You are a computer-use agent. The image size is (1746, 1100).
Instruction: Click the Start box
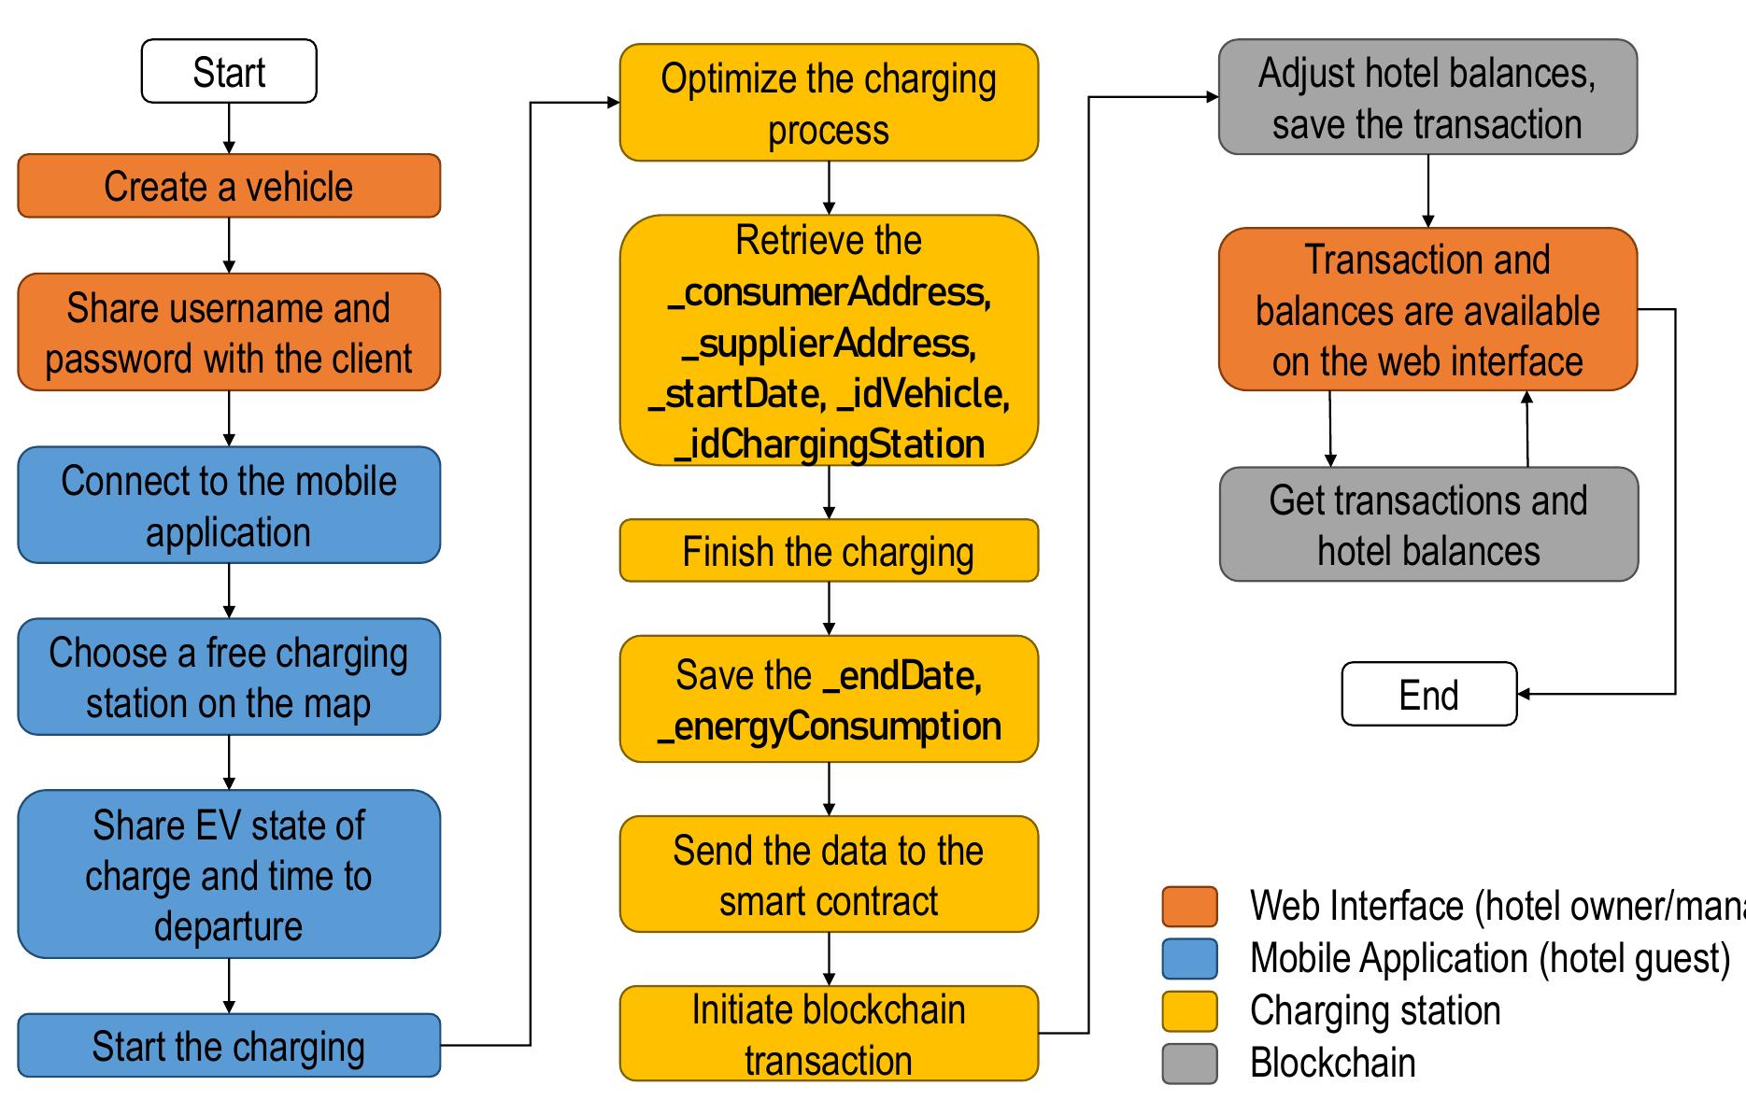click(x=229, y=71)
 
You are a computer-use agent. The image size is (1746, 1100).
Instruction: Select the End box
click(x=1428, y=694)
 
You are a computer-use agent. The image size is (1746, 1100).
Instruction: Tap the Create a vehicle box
click(x=229, y=186)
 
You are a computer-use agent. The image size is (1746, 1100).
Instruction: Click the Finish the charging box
click(x=829, y=551)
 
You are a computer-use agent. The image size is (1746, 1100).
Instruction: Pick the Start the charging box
click(x=229, y=1046)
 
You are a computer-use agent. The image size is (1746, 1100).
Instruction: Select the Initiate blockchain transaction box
click(x=829, y=1035)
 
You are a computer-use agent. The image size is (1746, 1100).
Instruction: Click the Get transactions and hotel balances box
click(x=1428, y=525)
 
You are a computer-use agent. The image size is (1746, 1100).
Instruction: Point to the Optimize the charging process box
click(x=829, y=103)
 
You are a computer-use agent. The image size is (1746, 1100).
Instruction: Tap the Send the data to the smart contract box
click(x=829, y=875)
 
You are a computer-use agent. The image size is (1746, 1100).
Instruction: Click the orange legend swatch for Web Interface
click(x=1189, y=907)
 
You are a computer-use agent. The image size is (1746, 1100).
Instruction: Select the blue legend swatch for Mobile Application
click(x=1189, y=959)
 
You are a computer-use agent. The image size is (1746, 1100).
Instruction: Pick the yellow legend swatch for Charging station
click(x=1189, y=1011)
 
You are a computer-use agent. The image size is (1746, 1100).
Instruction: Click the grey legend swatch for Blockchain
click(x=1189, y=1064)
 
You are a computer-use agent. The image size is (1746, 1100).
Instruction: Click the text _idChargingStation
click(x=829, y=444)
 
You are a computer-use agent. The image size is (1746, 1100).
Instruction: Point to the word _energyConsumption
click(x=829, y=726)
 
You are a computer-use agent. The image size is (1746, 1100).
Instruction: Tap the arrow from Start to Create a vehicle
click(x=229, y=128)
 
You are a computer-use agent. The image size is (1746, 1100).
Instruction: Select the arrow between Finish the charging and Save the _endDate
click(x=829, y=608)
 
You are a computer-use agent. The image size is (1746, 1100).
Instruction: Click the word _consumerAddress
click(x=829, y=293)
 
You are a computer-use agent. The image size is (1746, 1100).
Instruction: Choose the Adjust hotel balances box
click(x=1427, y=97)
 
